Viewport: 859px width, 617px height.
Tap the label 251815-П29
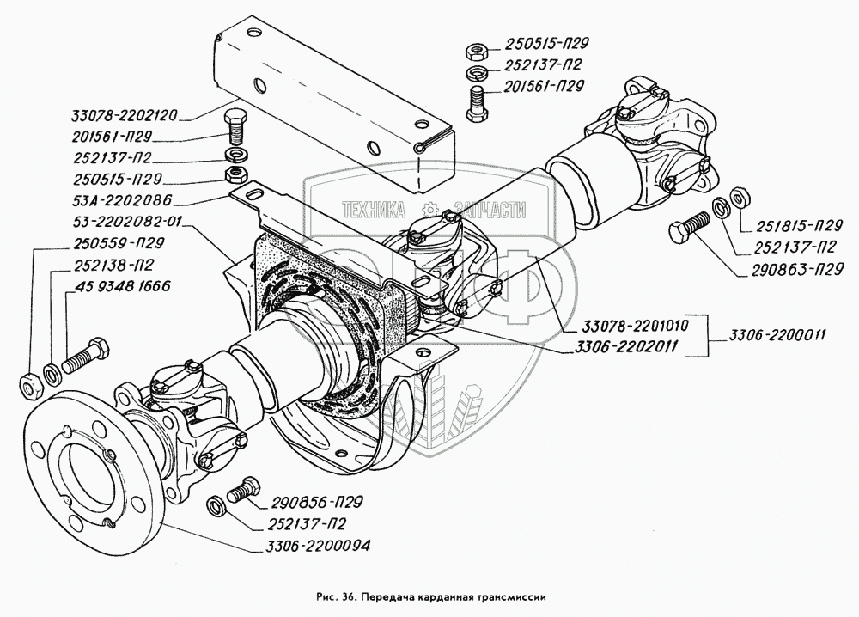pyautogui.click(x=799, y=227)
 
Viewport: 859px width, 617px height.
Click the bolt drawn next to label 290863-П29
pyautogui.click(x=688, y=227)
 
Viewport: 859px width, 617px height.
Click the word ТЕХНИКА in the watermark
pyautogui.click(x=374, y=211)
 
